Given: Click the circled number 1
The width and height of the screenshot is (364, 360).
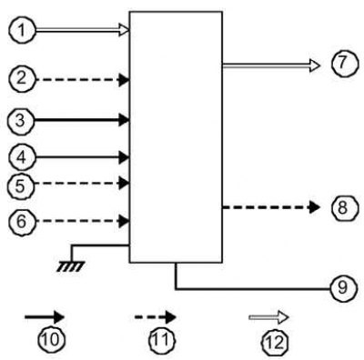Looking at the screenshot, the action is click(22, 31).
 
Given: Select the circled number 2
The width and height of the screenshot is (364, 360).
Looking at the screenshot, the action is click(22, 79).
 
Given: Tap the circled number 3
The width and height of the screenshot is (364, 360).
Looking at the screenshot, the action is click(21, 121).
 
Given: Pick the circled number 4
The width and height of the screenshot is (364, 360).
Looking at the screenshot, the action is click(22, 157).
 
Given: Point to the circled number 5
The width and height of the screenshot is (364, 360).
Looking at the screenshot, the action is click(21, 185).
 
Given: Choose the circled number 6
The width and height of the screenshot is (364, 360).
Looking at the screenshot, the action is click(22, 222).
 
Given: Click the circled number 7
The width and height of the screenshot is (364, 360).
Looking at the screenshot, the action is click(344, 63).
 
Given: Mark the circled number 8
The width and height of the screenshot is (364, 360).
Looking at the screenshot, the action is click(344, 208).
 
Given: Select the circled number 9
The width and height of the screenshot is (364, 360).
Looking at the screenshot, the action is click(344, 287).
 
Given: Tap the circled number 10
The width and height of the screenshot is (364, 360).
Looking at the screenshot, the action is click(52, 340).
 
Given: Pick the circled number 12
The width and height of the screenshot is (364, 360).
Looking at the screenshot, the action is click(275, 342).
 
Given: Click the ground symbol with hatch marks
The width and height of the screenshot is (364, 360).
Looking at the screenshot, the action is click(71, 266).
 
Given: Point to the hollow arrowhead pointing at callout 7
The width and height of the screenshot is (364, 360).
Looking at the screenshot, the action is click(315, 65).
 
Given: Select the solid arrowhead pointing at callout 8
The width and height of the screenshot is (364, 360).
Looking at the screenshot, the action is click(315, 207).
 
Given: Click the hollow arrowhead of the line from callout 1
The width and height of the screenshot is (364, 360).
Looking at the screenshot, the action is click(124, 30).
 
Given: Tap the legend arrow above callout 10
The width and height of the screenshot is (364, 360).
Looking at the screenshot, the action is click(45, 317).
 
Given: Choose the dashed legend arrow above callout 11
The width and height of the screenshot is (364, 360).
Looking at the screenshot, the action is click(156, 317).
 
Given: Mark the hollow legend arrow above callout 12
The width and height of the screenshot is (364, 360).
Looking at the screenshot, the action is click(268, 317).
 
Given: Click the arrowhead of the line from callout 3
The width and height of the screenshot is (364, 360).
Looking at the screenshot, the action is click(124, 120).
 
